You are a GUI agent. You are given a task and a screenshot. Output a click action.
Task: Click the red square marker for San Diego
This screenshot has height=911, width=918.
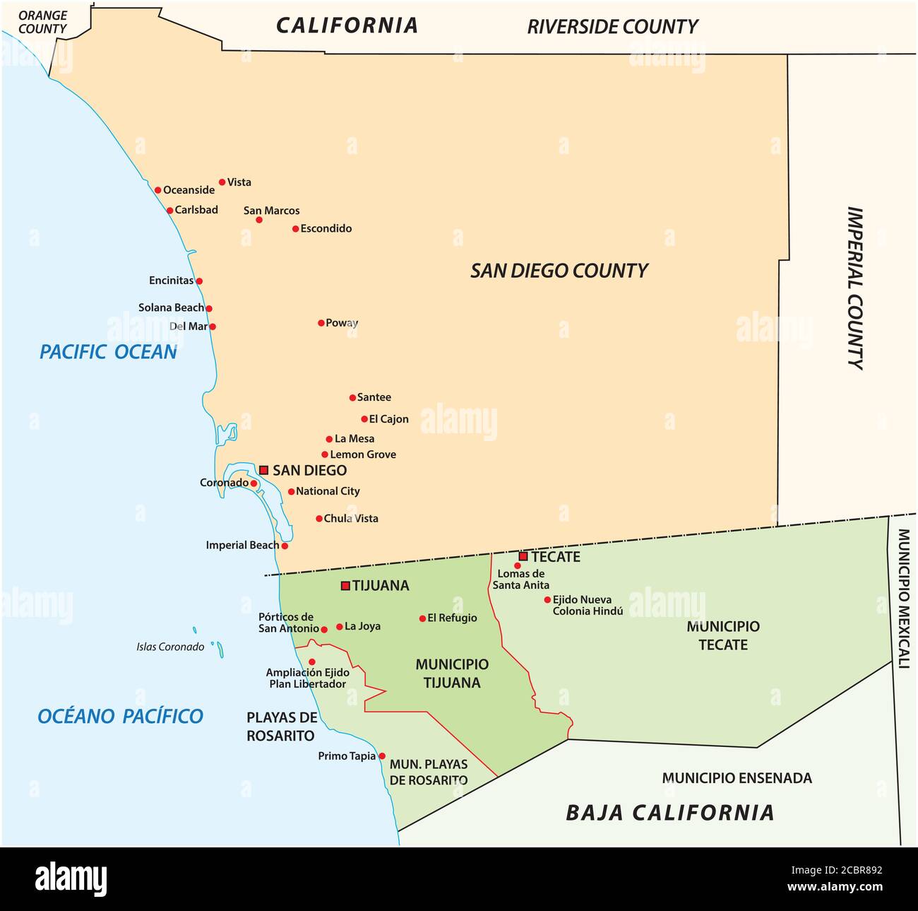263,470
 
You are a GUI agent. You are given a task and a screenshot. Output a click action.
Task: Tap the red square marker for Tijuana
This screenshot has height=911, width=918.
345,585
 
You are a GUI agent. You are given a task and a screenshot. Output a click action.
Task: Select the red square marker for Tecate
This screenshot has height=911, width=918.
523,556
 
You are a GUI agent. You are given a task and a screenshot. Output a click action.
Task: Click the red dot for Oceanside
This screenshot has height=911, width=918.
158,189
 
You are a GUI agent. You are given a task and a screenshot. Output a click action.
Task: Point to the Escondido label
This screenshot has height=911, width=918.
326,228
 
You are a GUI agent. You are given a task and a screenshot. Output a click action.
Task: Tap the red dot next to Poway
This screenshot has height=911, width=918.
321,323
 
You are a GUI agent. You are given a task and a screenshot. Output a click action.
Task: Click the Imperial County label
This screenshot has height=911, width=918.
855,288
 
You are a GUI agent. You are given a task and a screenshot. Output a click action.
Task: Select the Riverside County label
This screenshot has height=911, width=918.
612,27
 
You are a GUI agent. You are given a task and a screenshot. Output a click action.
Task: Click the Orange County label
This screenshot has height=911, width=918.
42,22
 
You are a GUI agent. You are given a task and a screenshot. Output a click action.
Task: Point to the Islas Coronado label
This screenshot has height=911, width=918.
170,647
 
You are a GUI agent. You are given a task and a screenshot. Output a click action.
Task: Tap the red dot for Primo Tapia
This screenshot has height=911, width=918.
382,756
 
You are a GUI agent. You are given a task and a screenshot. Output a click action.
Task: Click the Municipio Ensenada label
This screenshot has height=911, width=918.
737,778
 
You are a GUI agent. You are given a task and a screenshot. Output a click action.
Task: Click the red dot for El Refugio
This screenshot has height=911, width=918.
422,618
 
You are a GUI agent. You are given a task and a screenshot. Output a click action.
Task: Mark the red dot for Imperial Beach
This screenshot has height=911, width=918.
285,546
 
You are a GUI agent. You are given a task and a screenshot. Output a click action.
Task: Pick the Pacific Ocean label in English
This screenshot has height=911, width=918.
108,352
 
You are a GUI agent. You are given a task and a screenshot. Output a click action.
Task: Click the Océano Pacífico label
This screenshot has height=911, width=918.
120,716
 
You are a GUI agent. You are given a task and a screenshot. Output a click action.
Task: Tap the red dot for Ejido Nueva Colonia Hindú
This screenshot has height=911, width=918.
547,599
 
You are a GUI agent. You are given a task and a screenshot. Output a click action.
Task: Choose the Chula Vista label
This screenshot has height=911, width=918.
351,518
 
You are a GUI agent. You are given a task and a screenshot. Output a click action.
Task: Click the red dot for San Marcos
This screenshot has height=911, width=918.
259,220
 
